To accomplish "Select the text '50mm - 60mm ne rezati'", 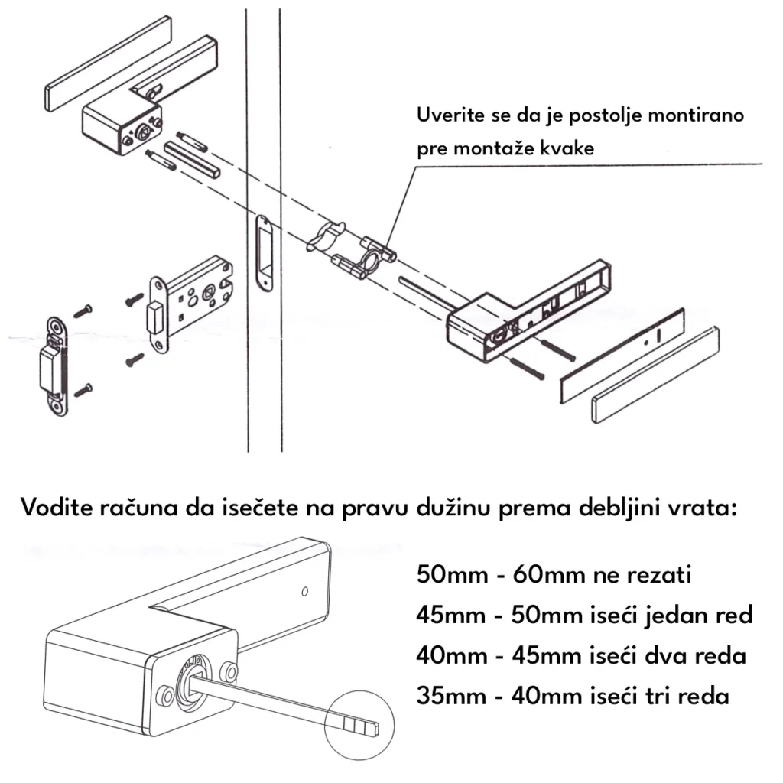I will coord(554,574).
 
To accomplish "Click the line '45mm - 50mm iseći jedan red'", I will coord(584,615).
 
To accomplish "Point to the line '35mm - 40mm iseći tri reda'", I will coord(573,697).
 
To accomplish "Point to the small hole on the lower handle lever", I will coord(304,591).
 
